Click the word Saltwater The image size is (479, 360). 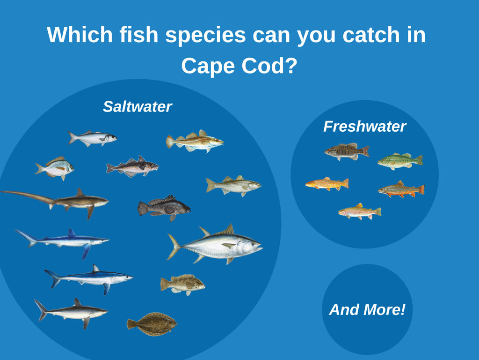pos(137,106)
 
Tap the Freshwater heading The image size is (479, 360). pos(364,127)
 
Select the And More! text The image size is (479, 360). pos(367,309)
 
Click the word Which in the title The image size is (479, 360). pos(80,34)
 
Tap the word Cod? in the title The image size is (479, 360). pos(269,65)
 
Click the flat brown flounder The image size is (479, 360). pos(152,324)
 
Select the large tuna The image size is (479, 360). pos(214,244)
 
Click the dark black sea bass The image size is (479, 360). pos(164,208)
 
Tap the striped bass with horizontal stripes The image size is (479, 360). pos(233,186)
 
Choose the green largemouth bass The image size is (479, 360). pos(400,161)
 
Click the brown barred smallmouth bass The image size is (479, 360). pos(347,151)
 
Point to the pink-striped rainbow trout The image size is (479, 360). pos(360,211)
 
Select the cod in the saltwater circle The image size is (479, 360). pos(195,142)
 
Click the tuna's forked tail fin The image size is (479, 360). pos(174,247)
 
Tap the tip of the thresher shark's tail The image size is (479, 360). pos(2,192)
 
